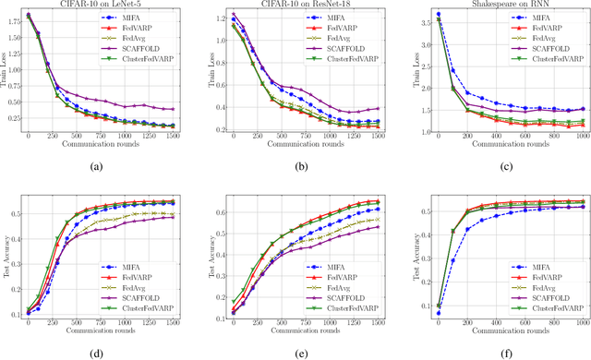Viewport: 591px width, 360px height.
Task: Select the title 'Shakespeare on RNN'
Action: coord(493,5)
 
